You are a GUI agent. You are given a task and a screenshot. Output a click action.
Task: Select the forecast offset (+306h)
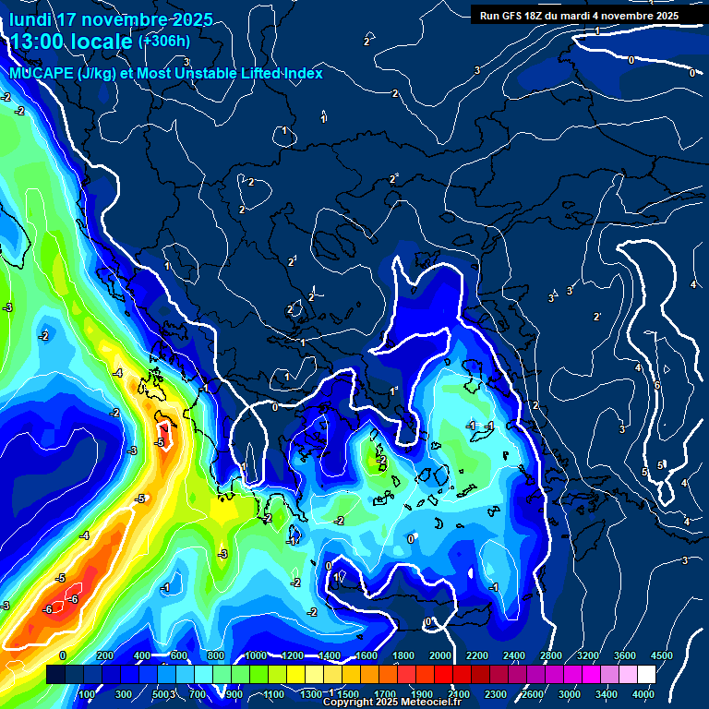163,42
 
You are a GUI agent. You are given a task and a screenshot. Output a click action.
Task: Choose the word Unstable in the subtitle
203,73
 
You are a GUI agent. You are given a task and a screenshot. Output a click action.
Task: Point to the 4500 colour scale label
661,655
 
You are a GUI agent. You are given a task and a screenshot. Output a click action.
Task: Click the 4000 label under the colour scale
643,694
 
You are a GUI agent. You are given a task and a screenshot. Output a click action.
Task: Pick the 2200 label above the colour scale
476,655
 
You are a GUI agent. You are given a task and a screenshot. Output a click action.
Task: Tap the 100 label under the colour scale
88,694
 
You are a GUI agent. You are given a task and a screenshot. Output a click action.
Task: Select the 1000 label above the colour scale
255,655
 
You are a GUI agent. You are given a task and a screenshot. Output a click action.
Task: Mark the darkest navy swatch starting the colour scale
55,675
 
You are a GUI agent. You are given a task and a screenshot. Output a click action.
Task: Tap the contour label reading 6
657,385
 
